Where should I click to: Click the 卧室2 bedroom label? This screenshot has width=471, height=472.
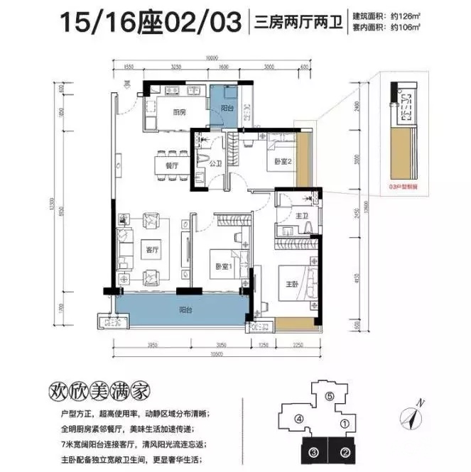pyautogui.click(x=283, y=162)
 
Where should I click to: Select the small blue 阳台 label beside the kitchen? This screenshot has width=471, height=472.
pyautogui.click(x=227, y=109)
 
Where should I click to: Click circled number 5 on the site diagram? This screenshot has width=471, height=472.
pyautogui.click(x=330, y=397)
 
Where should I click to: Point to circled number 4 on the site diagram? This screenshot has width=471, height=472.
pyautogui.click(x=299, y=419)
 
